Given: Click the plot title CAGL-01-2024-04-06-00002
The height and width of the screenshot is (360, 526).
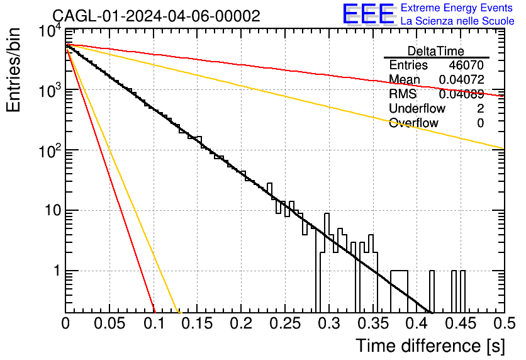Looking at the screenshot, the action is (156, 16).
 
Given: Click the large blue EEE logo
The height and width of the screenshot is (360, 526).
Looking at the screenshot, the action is (368, 14).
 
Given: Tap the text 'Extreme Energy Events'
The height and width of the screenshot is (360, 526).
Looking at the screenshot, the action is (457, 8).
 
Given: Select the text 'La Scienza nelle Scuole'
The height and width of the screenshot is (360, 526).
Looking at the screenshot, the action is (457, 21).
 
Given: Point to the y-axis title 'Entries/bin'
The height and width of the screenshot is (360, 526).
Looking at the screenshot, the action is (13, 70).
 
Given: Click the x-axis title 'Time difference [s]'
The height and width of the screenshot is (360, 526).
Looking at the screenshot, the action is (430, 346).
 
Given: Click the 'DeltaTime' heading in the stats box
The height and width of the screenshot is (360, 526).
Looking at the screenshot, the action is (436, 51).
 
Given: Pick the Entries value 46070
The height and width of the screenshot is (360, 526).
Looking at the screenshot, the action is (466, 65).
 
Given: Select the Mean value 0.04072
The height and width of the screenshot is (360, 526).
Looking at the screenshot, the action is (462, 79).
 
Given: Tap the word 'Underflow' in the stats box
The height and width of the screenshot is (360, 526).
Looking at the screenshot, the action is (417, 108).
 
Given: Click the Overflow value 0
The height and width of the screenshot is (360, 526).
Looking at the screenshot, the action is (480, 123).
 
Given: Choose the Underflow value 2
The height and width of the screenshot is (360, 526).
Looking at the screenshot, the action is (480, 108).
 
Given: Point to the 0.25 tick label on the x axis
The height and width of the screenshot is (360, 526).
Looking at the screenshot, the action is (285, 323).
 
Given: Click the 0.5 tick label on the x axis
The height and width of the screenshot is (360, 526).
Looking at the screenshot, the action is (504, 323).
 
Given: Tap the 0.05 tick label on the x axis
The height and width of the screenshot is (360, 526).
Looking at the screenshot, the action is (109, 323).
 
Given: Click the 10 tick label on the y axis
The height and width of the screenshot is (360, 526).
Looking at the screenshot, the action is (52, 210).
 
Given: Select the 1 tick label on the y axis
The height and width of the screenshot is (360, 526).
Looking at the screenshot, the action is (57, 271).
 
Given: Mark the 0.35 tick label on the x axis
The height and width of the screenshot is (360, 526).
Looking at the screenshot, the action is (372, 323).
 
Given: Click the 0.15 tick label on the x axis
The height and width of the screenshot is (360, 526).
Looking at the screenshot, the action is (198, 323).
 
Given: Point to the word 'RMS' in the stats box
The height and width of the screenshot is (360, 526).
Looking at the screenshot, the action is (403, 94).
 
